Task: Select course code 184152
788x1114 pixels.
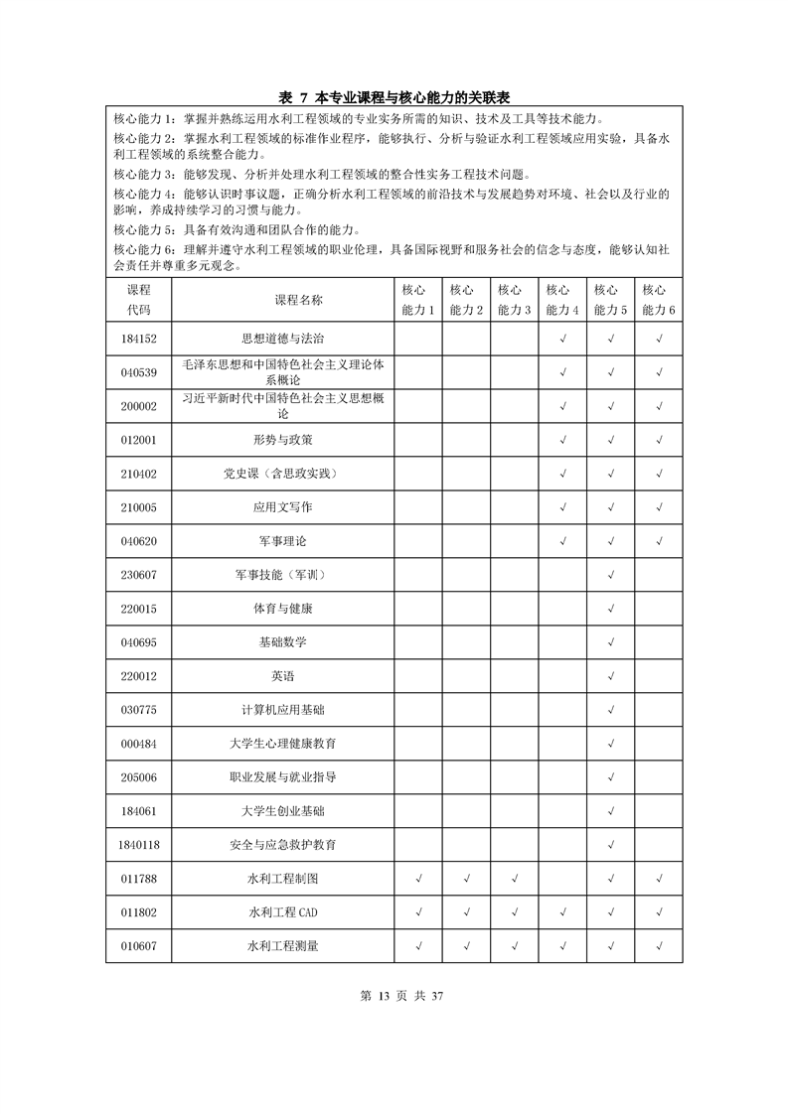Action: coord(138,339)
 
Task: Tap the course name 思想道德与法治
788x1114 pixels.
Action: coord(283,339)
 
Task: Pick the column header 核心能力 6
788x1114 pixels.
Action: coord(659,300)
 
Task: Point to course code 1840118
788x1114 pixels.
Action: coord(138,845)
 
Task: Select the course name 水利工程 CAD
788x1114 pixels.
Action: coord(283,912)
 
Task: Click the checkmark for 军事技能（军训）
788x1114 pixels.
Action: coord(611,575)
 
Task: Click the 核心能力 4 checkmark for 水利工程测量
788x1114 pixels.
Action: coord(563,946)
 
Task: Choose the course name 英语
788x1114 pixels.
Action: coord(283,676)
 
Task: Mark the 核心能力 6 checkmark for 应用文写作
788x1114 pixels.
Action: coord(659,507)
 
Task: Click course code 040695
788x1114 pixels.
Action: coord(138,642)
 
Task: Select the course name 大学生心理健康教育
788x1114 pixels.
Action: coord(283,744)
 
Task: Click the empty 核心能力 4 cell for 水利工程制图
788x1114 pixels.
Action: coord(563,879)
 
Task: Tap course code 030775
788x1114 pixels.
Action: coord(138,710)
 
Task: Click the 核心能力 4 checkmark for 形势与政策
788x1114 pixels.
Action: coord(563,440)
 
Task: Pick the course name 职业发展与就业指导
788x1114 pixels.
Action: coord(283,777)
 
